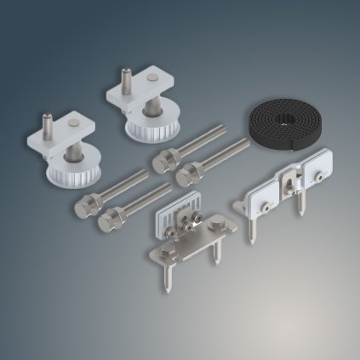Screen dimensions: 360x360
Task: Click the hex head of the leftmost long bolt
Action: pos(86,206)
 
